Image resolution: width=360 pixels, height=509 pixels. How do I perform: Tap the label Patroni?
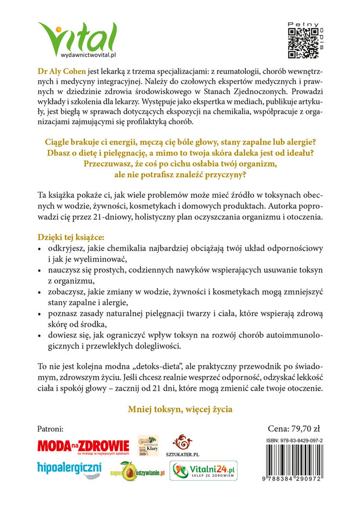click(50, 429)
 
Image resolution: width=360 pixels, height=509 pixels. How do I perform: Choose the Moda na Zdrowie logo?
click(83, 446)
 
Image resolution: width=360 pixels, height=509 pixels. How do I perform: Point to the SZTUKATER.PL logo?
click(182, 446)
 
